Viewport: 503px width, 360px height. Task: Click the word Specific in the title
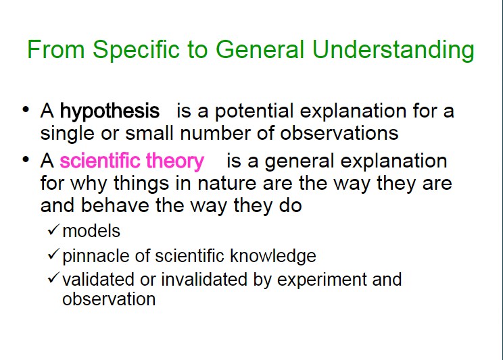[x=137, y=50]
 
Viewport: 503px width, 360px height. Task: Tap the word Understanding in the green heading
[x=393, y=50]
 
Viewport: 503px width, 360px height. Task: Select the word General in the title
[x=260, y=49]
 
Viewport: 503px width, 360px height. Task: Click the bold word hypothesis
[x=110, y=111]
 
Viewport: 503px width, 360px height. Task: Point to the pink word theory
[x=175, y=161]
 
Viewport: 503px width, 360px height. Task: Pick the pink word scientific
[x=101, y=160]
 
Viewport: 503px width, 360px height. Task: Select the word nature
[x=226, y=183]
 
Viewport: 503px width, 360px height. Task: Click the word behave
[x=115, y=205]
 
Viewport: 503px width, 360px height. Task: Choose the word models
[x=91, y=231]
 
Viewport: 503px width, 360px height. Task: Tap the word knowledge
[x=273, y=256]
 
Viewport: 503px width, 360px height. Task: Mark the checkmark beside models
[x=53, y=230]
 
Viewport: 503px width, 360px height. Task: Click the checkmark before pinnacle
[x=53, y=254]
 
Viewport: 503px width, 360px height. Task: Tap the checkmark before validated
[x=53, y=278]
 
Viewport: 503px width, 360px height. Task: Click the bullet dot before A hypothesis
[x=26, y=109]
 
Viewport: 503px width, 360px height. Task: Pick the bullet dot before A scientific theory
[x=26, y=159]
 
